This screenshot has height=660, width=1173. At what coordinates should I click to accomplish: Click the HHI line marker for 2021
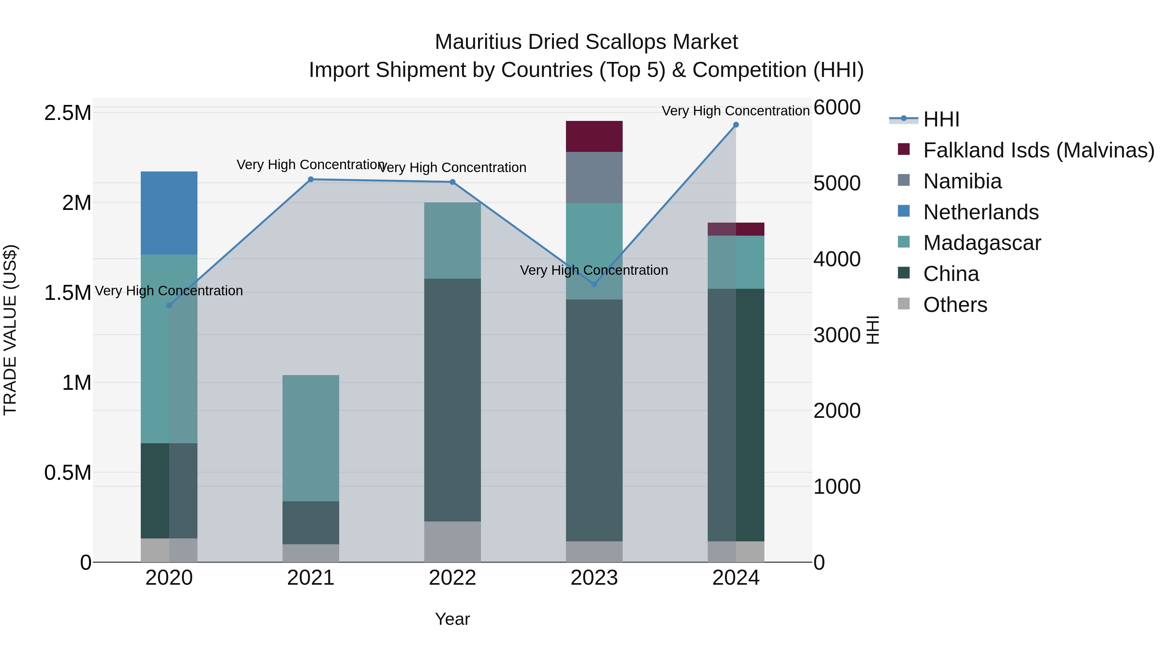[x=311, y=180]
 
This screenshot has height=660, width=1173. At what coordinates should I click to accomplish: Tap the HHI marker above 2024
[x=736, y=125]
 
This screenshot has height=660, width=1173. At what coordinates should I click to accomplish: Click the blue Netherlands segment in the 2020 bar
[x=169, y=213]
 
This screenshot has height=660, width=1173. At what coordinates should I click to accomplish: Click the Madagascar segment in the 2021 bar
[x=311, y=438]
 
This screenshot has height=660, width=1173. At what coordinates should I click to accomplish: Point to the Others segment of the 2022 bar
[x=452, y=542]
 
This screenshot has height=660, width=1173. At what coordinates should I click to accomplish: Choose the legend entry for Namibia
[x=962, y=181]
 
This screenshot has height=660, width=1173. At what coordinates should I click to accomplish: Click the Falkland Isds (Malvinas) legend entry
[x=1038, y=150]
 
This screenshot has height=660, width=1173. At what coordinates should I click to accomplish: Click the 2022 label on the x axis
[x=452, y=578]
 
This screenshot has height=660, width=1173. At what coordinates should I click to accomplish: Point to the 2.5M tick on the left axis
[x=68, y=113]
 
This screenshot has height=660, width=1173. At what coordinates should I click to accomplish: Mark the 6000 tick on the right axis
[x=837, y=108]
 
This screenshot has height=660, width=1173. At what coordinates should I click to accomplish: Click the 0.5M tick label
[x=68, y=473]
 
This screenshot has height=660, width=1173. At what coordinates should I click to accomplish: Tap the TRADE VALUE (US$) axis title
[x=10, y=330]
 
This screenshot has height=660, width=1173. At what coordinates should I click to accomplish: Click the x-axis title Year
[x=452, y=619]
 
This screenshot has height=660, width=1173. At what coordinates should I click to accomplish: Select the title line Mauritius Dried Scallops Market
[x=586, y=42]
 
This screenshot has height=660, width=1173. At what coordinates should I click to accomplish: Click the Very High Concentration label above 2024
[x=735, y=111]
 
